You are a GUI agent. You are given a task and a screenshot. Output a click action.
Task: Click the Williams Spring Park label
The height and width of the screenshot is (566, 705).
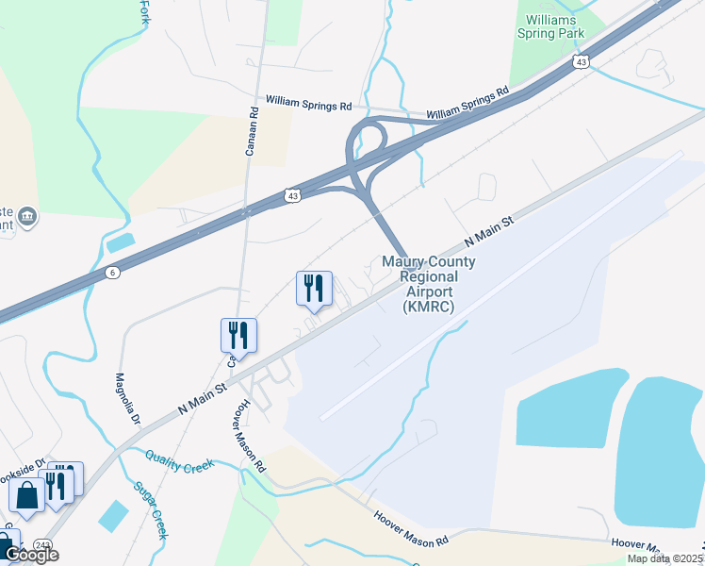coord(551,25)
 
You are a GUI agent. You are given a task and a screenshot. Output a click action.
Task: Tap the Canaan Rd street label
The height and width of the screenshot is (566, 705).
coord(254,123)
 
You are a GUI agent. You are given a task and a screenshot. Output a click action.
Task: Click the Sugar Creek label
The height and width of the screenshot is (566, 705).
coord(151,510)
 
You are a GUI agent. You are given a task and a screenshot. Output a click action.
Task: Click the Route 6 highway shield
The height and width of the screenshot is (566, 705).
coord(112,273)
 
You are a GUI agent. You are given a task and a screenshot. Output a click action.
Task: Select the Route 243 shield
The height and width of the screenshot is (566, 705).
coord(41,545)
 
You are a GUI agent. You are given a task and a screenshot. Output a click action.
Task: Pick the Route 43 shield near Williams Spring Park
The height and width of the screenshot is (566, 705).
coord(581,61)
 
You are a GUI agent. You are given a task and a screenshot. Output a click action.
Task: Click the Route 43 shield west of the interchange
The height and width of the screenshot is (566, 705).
coord(294,195)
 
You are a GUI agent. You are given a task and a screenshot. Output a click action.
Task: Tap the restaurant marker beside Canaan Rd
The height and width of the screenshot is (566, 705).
coord(239,335)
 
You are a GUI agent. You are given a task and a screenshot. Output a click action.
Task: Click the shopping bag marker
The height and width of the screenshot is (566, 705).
coord(26,494)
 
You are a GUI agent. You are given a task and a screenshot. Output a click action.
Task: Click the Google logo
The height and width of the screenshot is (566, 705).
coord(30,555)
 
